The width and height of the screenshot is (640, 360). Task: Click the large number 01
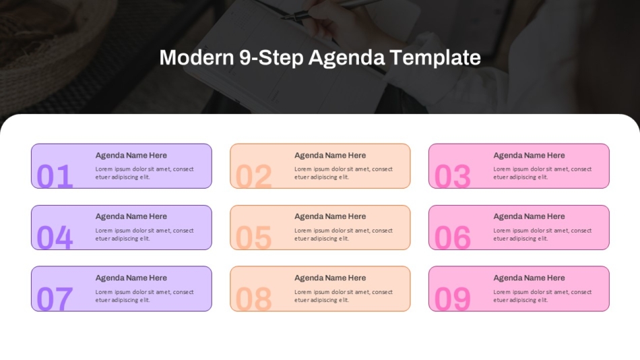click(x=55, y=176)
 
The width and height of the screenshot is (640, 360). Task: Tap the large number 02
click(x=254, y=176)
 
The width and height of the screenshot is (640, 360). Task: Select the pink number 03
click(x=453, y=176)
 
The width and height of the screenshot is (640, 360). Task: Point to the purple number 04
click(x=55, y=237)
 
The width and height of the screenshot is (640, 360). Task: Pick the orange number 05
click(x=254, y=237)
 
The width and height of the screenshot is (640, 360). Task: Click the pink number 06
click(x=453, y=237)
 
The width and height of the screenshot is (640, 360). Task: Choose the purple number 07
click(x=55, y=299)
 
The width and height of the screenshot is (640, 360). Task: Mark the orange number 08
click(x=254, y=299)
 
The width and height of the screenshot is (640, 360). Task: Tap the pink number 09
click(x=453, y=299)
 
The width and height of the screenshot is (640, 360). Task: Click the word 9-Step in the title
click(x=271, y=58)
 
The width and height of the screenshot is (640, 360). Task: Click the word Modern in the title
click(x=196, y=58)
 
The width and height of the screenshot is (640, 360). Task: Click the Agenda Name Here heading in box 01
click(x=131, y=155)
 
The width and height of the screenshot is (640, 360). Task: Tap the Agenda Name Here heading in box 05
click(x=330, y=216)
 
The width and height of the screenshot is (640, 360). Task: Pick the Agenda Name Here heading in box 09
click(x=529, y=278)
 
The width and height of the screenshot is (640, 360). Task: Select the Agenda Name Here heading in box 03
click(x=529, y=155)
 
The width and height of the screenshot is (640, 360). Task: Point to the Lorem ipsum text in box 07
click(x=144, y=296)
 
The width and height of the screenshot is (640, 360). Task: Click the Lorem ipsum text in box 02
click(x=343, y=173)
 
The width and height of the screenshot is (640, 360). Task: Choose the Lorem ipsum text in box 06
click(x=542, y=235)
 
